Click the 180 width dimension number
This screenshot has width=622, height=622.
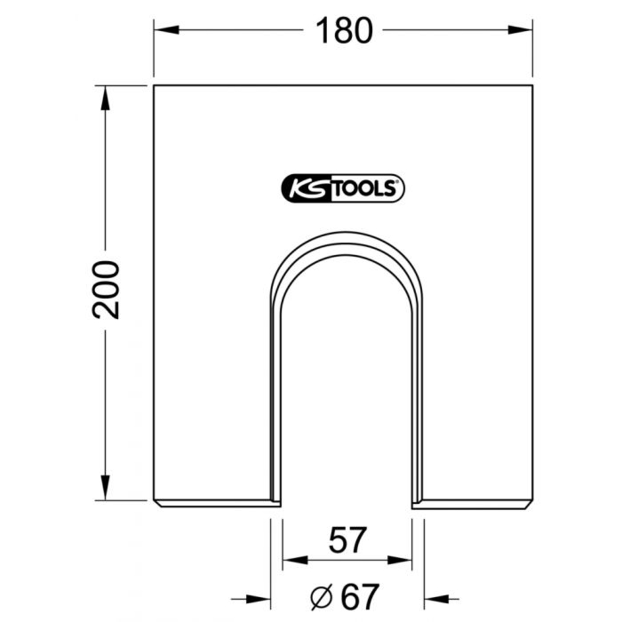pyautogui.click(x=343, y=31)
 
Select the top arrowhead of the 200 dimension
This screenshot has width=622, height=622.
pyautogui.click(x=105, y=97)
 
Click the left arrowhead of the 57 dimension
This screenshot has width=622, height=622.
pyautogui.click(x=293, y=560)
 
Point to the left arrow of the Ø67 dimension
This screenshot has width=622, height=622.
pyautogui.click(x=260, y=598)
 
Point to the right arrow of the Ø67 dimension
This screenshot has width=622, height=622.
pyautogui.click(x=435, y=598)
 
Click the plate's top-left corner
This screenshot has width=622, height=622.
pyautogui.click(x=154, y=85)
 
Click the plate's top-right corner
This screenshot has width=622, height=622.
pyautogui.click(x=533, y=85)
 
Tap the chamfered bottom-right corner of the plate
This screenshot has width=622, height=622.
pyautogui.click(x=531, y=504)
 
